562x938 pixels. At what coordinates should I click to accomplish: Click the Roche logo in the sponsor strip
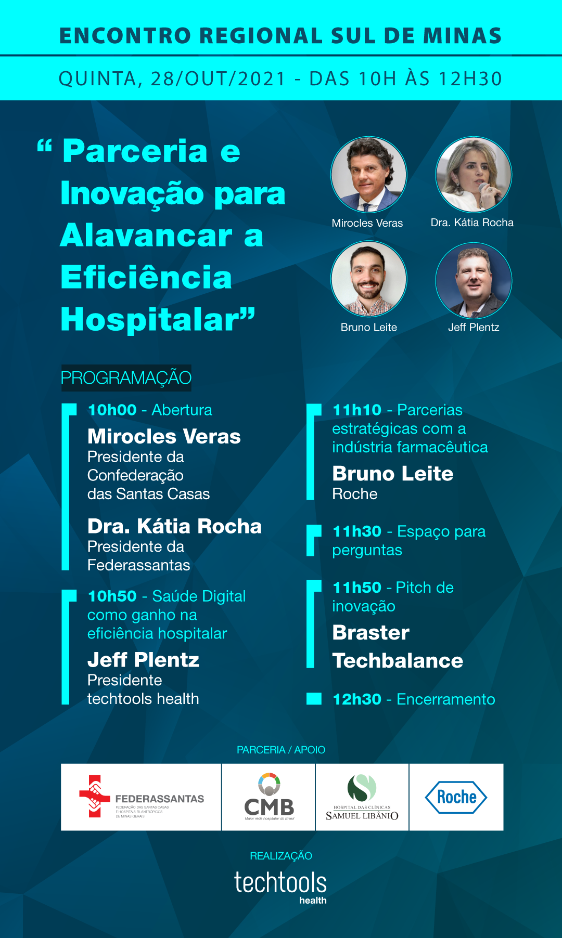coord(456,797)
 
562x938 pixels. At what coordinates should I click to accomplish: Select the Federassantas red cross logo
coord(94,796)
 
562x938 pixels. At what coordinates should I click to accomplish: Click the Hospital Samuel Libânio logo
coord(362,797)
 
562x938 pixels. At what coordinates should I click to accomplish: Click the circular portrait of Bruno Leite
coord(369,279)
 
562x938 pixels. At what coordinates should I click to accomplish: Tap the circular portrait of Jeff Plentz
coord(474,280)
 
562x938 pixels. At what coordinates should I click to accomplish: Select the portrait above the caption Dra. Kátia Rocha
coord(474,175)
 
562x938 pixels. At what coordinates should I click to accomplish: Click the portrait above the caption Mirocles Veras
coord(369,175)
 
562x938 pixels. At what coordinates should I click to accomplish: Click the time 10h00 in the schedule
coord(112,410)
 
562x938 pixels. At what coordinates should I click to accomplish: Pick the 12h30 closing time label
coord(357,699)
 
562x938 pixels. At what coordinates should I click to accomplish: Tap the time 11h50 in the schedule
coord(357,588)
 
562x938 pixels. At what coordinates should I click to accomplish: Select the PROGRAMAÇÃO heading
coord(126,378)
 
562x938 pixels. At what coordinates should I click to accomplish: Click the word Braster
coord(371,633)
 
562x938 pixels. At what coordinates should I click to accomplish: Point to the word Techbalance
coord(398,661)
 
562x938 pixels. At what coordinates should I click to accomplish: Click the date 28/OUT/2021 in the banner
coord(219,79)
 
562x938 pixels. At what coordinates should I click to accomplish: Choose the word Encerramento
coord(446,699)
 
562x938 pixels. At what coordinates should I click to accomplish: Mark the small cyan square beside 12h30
coord(314,698)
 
